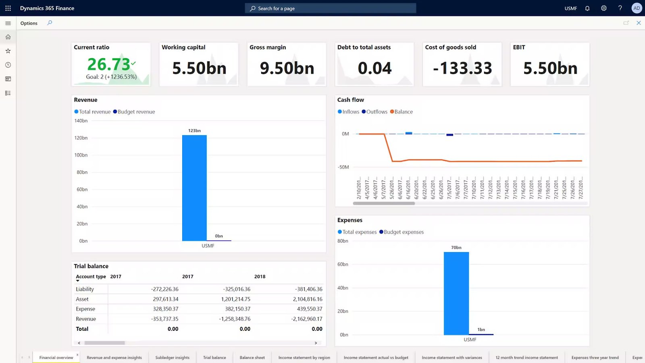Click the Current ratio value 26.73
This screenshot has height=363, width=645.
109,65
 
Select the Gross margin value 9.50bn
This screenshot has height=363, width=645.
287,68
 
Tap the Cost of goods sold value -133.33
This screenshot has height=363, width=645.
462,68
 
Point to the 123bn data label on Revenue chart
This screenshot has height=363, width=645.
194,131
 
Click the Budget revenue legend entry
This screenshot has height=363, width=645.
134,112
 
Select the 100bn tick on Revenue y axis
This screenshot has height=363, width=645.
81,155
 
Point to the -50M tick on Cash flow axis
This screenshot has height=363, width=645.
343,167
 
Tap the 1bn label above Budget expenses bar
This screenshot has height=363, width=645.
481,330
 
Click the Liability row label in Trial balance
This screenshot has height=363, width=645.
85,289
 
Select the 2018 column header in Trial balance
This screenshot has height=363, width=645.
260,277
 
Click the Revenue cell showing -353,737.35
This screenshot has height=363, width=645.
165,319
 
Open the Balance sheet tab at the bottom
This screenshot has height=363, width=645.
252,358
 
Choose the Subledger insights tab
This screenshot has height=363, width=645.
172,358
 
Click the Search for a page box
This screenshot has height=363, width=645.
331,8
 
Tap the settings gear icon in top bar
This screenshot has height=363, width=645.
603,8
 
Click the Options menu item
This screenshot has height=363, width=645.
29,23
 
